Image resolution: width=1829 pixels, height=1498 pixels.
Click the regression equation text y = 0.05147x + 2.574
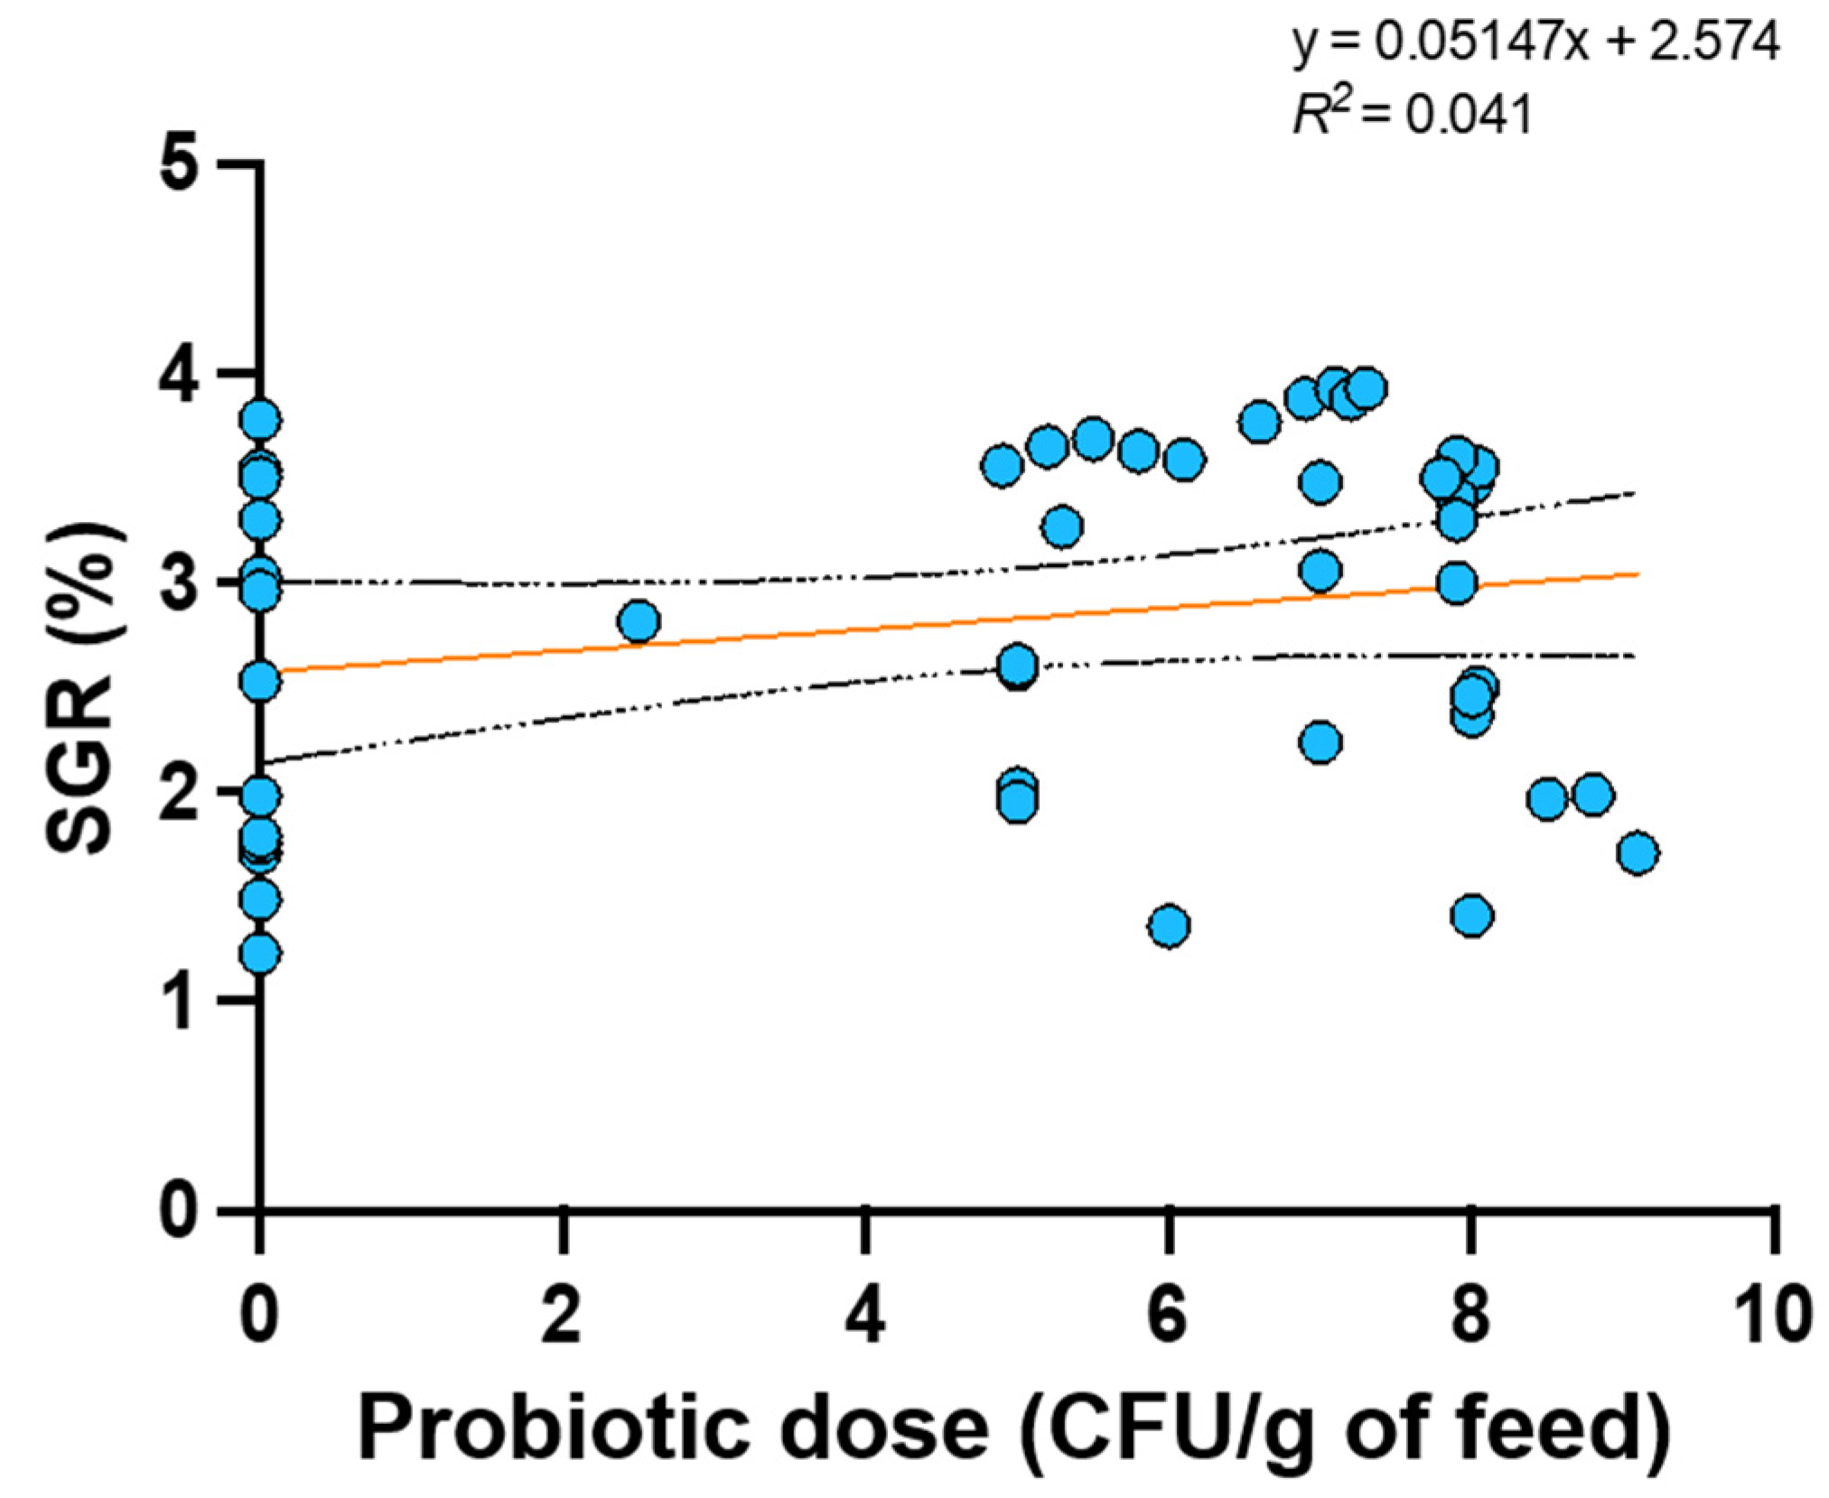(1536, 42)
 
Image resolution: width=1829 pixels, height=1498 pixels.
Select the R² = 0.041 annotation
(1413, 114)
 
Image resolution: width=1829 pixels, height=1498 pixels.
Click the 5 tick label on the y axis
(178, 164)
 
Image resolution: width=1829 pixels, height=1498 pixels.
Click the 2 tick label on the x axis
(562, 1317)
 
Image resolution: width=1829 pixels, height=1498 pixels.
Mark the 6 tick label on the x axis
(1168, 1317)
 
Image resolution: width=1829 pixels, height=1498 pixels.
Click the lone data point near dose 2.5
(639, 621)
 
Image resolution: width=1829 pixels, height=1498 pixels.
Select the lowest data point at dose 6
(1169, 926)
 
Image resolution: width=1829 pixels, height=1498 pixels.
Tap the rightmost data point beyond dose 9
(1638, 852)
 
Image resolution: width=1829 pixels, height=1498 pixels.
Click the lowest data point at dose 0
(260, 953)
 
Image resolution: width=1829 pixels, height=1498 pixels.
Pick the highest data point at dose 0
(260, 419)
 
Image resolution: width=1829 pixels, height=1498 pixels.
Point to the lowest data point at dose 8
(1472, 916)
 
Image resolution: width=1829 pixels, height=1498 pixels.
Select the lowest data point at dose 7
(1320, 742)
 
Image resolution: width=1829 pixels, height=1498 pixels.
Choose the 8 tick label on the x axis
(1470, 1317)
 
